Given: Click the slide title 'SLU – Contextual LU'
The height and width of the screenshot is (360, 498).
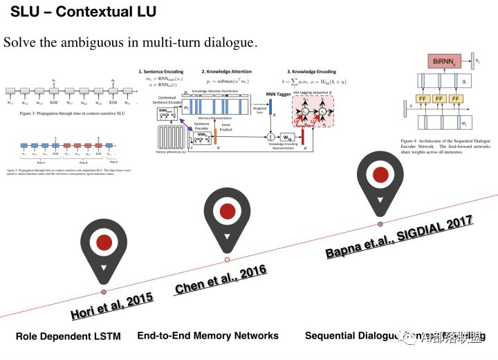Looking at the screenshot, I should (x=83, y=12).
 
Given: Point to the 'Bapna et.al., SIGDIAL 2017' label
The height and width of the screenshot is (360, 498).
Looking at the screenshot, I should (x=399, y=236).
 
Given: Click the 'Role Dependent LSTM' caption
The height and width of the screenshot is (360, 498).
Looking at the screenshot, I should (x=68, y=337).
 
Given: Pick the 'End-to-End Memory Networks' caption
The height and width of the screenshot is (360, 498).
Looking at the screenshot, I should (x=207, y=336).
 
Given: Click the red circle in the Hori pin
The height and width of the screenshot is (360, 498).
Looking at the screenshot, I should (x=104, y=243).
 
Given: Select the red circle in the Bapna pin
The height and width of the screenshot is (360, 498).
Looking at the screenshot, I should (x=379, y=175).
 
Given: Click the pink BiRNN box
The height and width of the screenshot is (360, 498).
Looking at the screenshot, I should (x=443, y=62).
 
